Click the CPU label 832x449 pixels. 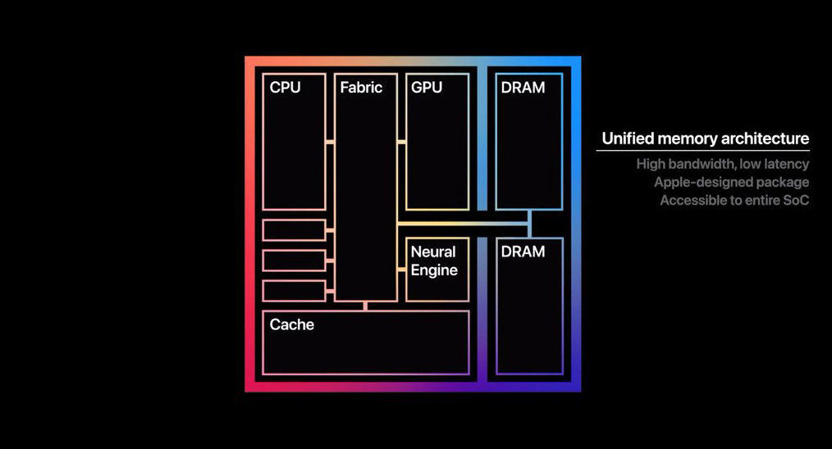[x=285, y=87]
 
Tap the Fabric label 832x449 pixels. [x=361, y=87]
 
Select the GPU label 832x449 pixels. [x=427, y=87]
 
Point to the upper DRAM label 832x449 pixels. [x=523, y=87]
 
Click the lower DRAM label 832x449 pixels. [x=523, y=252]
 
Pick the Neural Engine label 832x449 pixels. [x=434, y=261]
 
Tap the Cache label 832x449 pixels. [x=292, y=324]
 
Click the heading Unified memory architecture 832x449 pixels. [x=705, y=138]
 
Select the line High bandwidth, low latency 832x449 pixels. [x=722, y=164]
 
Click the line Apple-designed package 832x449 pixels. [x=731, y=182]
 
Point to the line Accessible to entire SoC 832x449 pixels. [x=734, y=200]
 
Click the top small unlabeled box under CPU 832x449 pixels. [x=294, y=230]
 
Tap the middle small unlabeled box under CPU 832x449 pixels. [x=294, y=261]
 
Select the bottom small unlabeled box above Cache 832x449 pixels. [x=294, y=291]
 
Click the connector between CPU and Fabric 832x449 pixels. [x=330, y=142]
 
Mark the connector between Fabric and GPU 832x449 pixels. [x=401, y=142]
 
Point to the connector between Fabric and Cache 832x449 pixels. [x=365, y=306]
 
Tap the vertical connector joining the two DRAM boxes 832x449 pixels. [x=530, y=224]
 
